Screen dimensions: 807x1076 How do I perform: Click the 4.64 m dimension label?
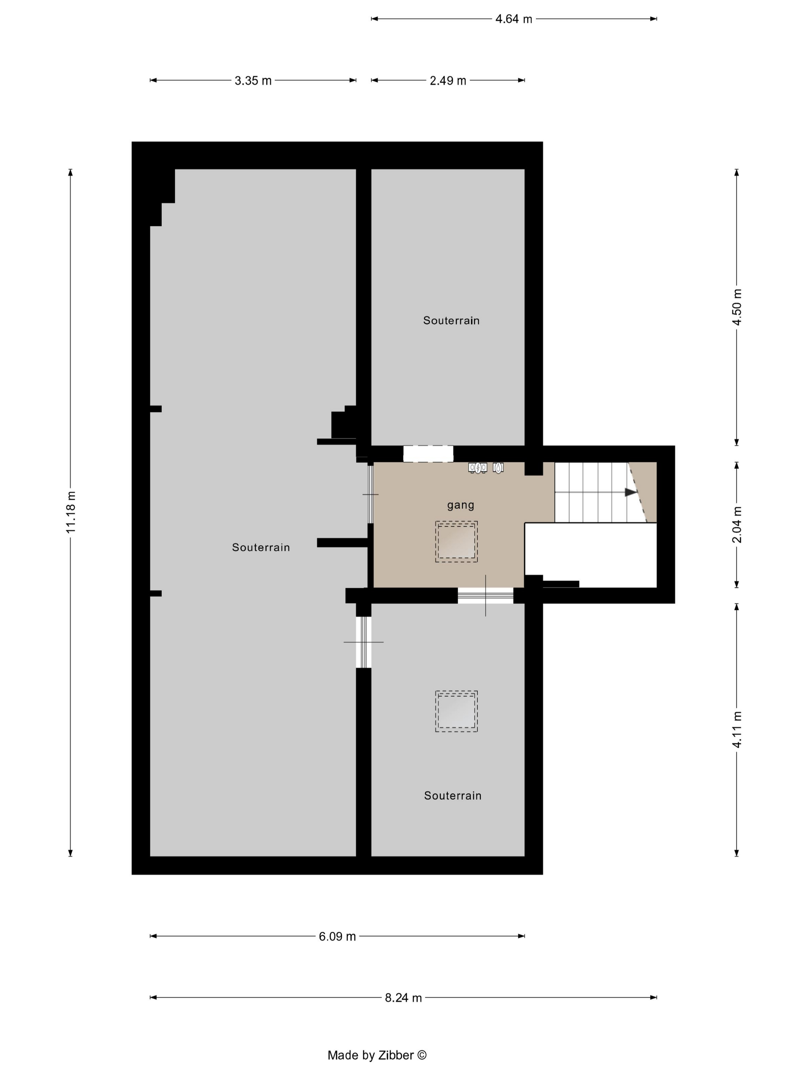(x=514, y=19)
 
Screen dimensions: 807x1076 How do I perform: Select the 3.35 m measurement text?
(x=253, y=81)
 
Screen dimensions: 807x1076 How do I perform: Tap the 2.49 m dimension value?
(x=448, y=81)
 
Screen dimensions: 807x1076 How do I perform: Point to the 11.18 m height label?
(x=71, y=512)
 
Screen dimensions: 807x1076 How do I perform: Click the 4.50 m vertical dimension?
(x=737, y=307)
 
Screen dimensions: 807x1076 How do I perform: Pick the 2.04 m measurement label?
(x=737, y=525)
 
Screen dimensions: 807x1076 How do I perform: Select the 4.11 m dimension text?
(x=737, y=730)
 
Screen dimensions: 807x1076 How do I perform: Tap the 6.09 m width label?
(x=337, y=937)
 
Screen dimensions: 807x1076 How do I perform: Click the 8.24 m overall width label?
(x=403, y=998)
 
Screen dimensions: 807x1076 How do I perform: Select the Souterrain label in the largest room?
(x=261, y=547)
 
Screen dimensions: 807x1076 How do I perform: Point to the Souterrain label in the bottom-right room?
(x=453, y=796)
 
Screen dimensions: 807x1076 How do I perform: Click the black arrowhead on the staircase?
(x=631, y=492)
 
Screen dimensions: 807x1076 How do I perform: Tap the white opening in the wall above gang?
(x=428, y=454)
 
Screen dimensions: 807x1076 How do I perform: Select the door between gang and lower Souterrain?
(x=485, y=595)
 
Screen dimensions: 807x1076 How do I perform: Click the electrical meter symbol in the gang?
(x=478, y=467)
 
